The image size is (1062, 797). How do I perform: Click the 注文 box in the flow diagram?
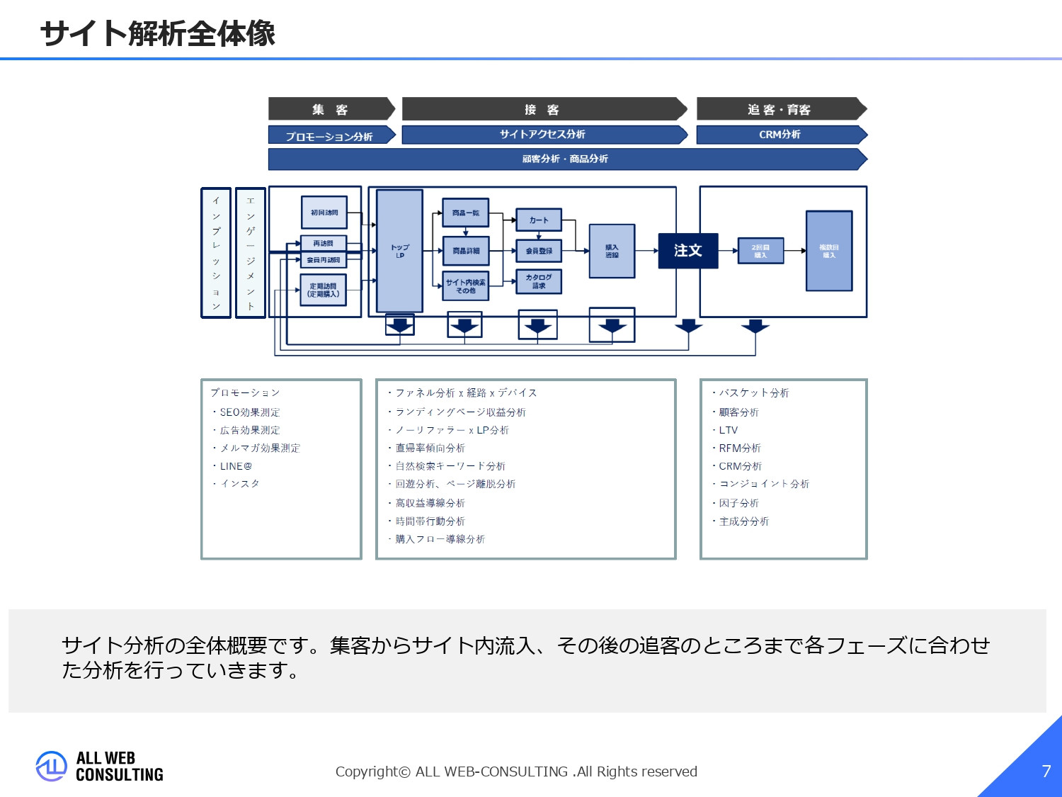pos(687,251)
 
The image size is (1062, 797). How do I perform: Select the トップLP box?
pos(399,251)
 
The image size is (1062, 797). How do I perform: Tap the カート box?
pos(539,220)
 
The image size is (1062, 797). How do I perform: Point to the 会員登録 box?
pos(539,251)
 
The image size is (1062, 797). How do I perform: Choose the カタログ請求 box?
pos(539,281)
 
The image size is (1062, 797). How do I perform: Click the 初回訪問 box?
pos(324,213)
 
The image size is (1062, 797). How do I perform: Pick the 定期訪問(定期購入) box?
pos(324,290)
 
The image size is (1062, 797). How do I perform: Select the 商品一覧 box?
pos(466,213)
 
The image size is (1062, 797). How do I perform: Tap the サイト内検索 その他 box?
pos(466,286)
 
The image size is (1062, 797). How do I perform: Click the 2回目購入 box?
pos(760,251)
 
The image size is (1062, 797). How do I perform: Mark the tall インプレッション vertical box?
pos(216,253)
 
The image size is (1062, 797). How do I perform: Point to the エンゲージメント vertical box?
pos(251,253)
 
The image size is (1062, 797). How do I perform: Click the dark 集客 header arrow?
pos(331,109)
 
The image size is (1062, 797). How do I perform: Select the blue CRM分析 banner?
pos(780,135)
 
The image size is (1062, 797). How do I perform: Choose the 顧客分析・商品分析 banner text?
pos(565,159)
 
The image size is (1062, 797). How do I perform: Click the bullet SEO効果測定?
pos(250,412)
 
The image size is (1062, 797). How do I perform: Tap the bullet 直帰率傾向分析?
pos(430,448)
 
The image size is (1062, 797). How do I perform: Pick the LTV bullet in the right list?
pos(728,430)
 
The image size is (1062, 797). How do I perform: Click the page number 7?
pos(1046,771)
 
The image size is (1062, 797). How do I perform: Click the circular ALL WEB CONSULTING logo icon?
pos(51,766)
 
